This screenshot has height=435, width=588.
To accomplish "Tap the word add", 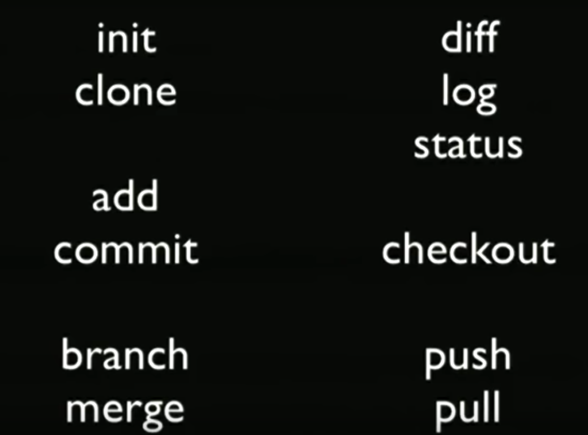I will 125,197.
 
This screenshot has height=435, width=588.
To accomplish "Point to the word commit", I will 126,250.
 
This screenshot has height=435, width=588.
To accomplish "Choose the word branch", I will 125,355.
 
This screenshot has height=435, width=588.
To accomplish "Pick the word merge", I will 125,409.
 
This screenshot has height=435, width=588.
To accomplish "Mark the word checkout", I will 468,250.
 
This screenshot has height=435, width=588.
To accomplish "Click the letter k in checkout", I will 481,250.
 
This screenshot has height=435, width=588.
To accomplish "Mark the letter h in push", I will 499,355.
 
